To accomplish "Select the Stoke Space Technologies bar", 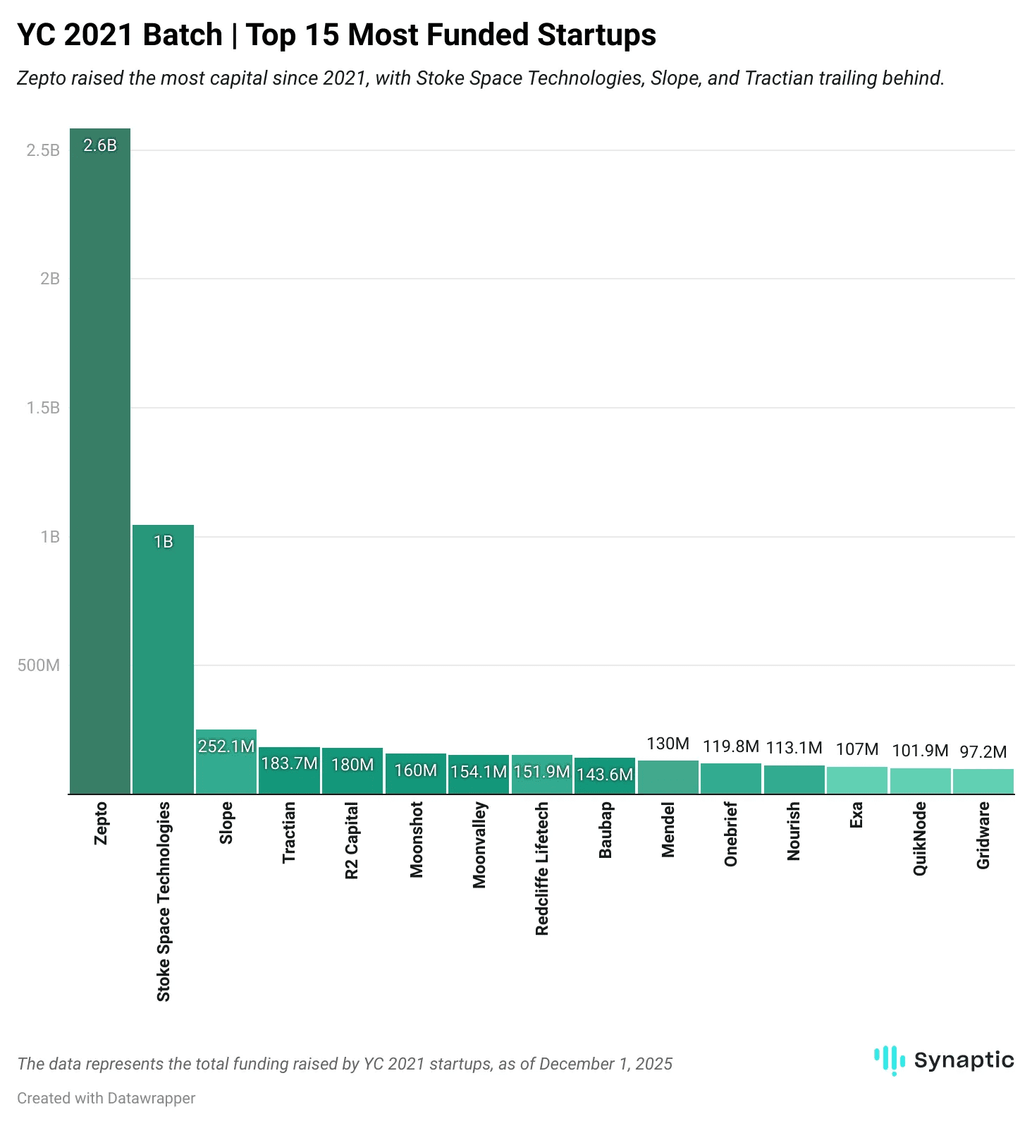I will [163, 663].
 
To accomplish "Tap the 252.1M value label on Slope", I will [226, 746].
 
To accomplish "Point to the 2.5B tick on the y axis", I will [43, 150].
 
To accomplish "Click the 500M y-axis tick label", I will [39, 665].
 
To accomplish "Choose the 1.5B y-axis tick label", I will [43, 408].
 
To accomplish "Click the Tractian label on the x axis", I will [289, 833].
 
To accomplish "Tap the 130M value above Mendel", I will [668, 744].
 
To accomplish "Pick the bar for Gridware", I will [983, 782].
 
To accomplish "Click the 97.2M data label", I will [983, 752].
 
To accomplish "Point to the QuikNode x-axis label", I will [920, 839].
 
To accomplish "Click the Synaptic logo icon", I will [889, 1060].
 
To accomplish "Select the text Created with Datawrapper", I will [106, 1098].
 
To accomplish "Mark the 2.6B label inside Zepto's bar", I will [100, 145].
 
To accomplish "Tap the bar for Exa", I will [857, 780].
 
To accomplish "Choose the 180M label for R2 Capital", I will [352, 765].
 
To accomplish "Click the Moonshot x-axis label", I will [416, 840].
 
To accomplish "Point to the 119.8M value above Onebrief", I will [731, 746].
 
